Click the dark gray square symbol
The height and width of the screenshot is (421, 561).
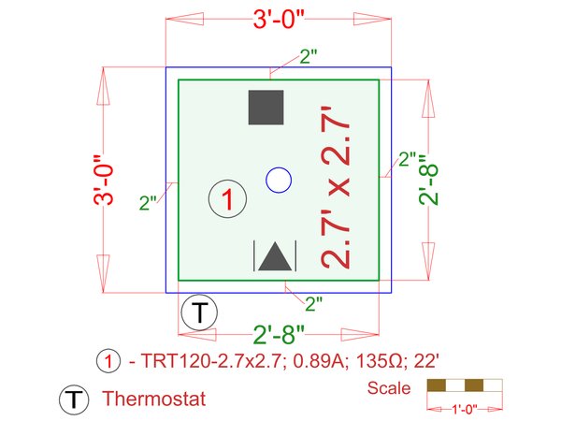pos(266,108)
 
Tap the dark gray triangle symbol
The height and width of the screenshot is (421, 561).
pos(275,256)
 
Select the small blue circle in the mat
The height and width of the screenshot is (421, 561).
pos(279,180)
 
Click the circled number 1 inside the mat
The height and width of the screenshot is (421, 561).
pos(227,198)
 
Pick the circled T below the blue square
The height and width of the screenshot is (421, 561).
pos(199,312)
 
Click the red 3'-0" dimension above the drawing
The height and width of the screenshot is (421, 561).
pos(279,19)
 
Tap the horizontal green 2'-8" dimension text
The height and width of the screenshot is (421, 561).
pos(279,335)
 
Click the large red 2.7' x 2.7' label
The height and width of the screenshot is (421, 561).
pos(336,187)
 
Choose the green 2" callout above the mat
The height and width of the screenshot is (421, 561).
pos(309,56)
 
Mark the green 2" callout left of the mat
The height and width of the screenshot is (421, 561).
pos(148,203)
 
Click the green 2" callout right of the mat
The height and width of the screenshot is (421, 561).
pos(408,159)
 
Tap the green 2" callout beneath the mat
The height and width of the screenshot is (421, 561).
pos(314,304)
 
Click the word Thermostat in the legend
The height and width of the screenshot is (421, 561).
pos(154,399)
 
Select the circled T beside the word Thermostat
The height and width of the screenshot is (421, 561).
pos(74,399)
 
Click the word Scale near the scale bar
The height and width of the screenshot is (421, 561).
pos(389,388)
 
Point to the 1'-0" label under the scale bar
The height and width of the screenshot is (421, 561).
pos(465,409)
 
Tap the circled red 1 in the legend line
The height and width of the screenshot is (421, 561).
pos(108,361)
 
